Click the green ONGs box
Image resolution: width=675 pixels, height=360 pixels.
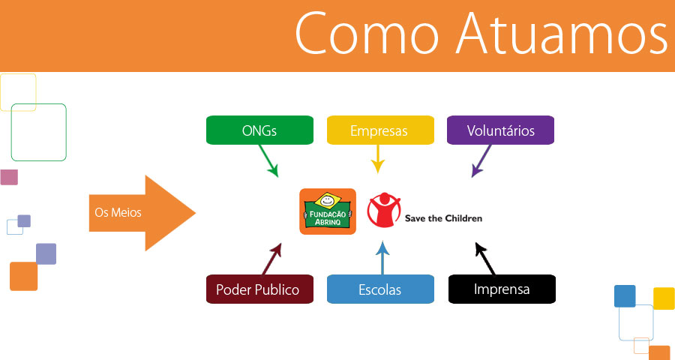259,130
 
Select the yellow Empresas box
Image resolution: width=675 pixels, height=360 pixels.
380,130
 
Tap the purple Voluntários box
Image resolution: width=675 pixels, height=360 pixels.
501,130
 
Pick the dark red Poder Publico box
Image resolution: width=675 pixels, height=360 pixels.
259,289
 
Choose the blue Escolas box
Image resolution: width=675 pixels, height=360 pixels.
380,289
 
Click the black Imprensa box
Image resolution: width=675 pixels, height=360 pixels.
502,289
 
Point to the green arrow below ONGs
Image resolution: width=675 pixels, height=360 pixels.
268,160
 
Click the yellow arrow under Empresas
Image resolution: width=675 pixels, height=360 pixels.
378,159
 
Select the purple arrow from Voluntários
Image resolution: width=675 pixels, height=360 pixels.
481,160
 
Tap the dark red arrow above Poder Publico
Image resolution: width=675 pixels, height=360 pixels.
271,259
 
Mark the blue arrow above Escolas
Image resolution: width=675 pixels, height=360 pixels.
382,257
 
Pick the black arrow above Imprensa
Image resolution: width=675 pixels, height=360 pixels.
485,259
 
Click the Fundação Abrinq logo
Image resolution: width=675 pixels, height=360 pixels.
328,211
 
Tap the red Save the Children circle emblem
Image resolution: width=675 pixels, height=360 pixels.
384,210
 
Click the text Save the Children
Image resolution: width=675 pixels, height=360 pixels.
443,218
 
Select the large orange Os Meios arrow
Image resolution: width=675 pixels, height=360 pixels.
142,213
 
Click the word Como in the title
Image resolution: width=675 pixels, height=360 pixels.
367,34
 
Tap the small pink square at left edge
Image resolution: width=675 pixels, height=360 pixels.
9,177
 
